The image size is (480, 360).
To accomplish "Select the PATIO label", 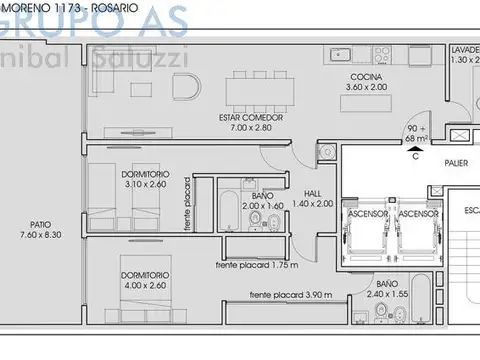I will pyautogui.click(x=39, y=224).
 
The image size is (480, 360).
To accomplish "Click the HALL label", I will pyautogui.click(x=298, y=192).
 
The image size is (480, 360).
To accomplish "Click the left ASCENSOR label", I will pyautogui.click(x=366, y=213).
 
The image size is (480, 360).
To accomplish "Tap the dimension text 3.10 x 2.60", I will pyautogui.click(x=147, y=184).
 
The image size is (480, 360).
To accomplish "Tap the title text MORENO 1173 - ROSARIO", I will pyautogui.click(x=60, y=6).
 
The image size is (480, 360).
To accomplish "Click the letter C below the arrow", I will pyautogui.click(x=414, y=155).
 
